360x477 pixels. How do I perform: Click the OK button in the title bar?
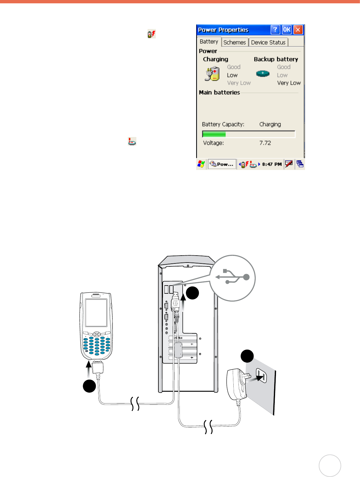pos(287,30)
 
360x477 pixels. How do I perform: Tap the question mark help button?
pos(275,30)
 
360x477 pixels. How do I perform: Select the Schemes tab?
pos(235,42)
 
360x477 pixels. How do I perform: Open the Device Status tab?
pos(268,42)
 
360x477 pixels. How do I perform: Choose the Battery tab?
pos(209,42)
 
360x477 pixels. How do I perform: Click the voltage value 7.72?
pos(265,143)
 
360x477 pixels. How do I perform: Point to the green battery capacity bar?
pos(214,134)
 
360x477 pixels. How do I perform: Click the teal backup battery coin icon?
pos(263,74)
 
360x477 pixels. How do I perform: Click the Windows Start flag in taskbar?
pos(201,164)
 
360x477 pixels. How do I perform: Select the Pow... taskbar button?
pos(222,164)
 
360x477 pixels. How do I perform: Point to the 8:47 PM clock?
pos(272,164)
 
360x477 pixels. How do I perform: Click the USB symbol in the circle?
pos(232,277)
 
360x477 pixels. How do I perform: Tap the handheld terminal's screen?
pos(96,313)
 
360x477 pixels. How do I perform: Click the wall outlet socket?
pos(261,376)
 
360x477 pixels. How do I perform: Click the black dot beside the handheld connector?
pos(89,386)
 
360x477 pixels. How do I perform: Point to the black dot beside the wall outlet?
pos(247,356)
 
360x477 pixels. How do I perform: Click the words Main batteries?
pos(219,93)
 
